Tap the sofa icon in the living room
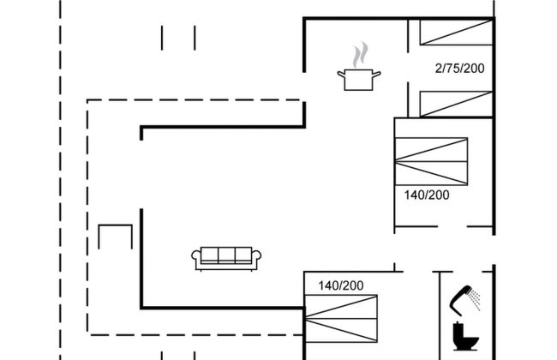click(226, 259)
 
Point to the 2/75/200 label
click(459, 69)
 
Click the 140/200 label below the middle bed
click(427, 195)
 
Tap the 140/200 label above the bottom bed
click(341, 285)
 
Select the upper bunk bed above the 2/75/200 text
click(456, 33)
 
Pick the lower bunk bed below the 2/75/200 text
click(456, 104)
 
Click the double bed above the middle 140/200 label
click(431, 161)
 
